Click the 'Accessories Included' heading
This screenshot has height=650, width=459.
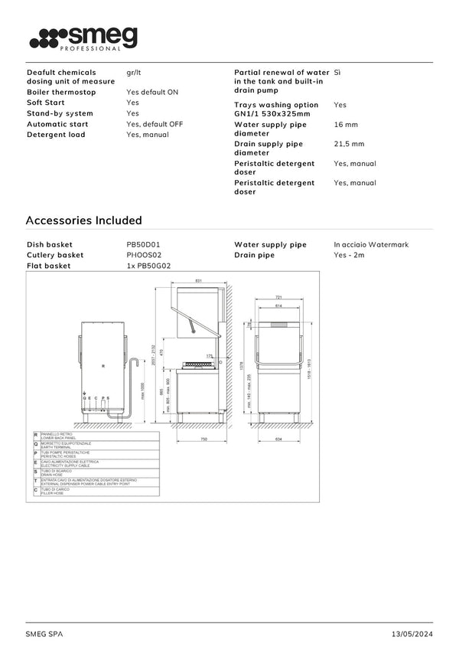[x=84, y=220]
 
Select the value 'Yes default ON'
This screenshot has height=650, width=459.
[x=152, y=92]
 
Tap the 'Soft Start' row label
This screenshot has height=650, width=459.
[x=45, y=102]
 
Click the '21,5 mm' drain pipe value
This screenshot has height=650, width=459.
[x=349, y=144]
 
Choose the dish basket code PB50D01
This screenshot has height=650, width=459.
[x=143, y=244]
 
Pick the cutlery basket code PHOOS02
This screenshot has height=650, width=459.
[x=144, y=255]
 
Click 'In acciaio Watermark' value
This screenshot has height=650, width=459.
[x=371, y=244]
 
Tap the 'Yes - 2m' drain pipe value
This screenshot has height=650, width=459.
[x=349, y=255]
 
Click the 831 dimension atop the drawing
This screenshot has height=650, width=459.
[x=198, y=281]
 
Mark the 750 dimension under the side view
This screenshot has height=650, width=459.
[x=204, y=439]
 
